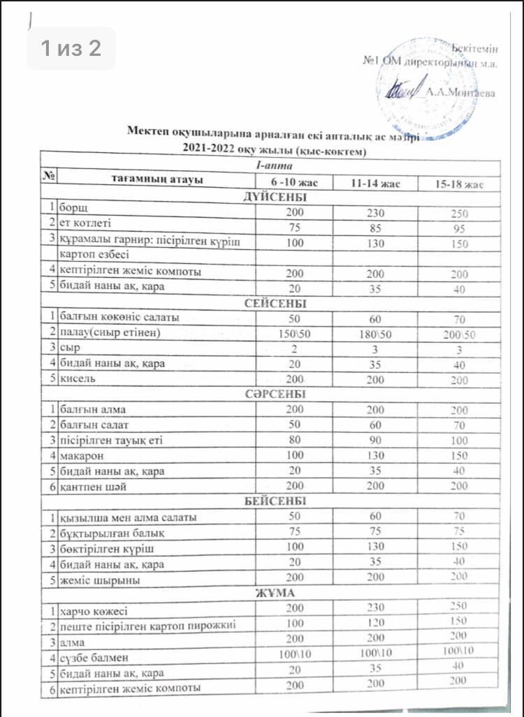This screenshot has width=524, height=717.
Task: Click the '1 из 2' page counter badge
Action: pos(71,48)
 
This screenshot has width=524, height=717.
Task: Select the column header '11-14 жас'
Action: pos(375,184)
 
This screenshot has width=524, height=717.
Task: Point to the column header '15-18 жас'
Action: pos(455,184)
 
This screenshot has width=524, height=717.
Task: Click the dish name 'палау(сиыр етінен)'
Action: pos(110,333)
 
